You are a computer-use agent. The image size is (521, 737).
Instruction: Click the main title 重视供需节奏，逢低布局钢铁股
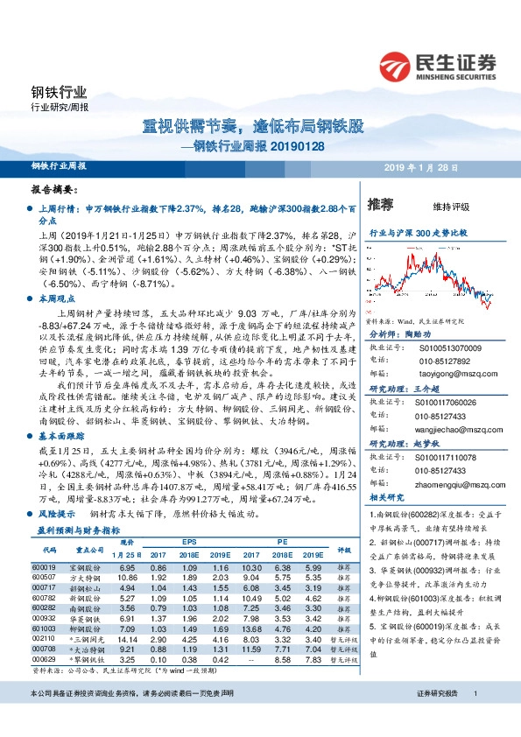pos(253,126)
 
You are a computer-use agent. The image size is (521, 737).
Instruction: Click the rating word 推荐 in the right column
pos(381,205)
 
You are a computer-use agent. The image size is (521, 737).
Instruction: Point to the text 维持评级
pos(451,207)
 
